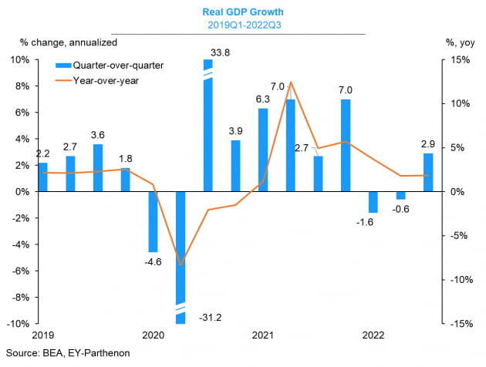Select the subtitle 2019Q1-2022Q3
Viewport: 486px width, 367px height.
[244, 25]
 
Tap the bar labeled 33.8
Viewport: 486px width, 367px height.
[208, 123]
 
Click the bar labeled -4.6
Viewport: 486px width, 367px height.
[153, 221]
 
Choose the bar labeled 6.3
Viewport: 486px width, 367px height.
[263, 150]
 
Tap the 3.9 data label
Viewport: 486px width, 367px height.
[236, 131]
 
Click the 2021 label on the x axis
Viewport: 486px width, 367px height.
[263, 335]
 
